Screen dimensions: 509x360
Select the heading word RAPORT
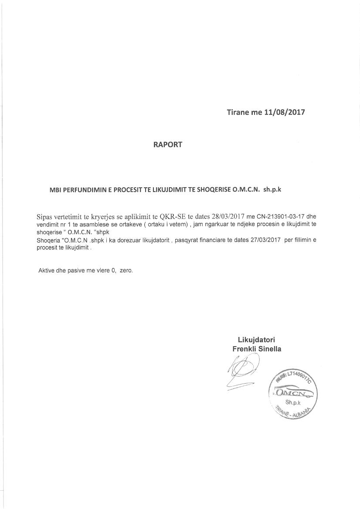pyautogui.click(x=167, y=145)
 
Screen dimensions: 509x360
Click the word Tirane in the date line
pyautogui.click(x=238, y=112)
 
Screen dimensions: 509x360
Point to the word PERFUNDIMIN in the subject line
pyautogui.click(x=81, y=190)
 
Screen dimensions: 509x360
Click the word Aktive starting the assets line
pyautogui.click(x=47, y=270)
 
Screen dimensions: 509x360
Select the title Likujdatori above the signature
pyautogui.click(x=257, y=340)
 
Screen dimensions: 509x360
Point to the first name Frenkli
pyautogui.click(x=245, y=349)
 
